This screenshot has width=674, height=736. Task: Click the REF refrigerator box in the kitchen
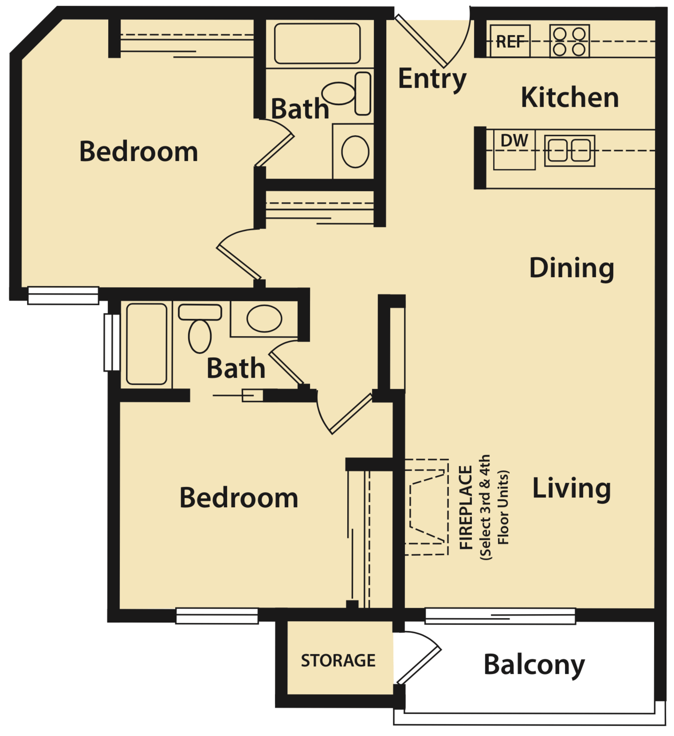(510, 41)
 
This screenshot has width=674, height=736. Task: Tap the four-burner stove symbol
(569, 41)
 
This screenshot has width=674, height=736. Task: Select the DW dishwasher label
(514, 141)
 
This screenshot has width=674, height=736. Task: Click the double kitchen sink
(569, 151)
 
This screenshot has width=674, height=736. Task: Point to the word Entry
(432, 79)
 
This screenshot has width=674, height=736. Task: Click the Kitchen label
(569, 98)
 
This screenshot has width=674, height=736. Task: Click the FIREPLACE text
(466, 507)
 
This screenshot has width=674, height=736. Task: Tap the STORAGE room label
(338, 661)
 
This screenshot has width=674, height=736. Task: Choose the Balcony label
(534, 665)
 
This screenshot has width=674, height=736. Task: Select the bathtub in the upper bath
(317, 43)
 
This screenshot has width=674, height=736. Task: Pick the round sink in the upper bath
(355, 151)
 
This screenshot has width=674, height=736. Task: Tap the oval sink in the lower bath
(264, 318)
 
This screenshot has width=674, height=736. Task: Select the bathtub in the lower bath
(146, 344)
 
